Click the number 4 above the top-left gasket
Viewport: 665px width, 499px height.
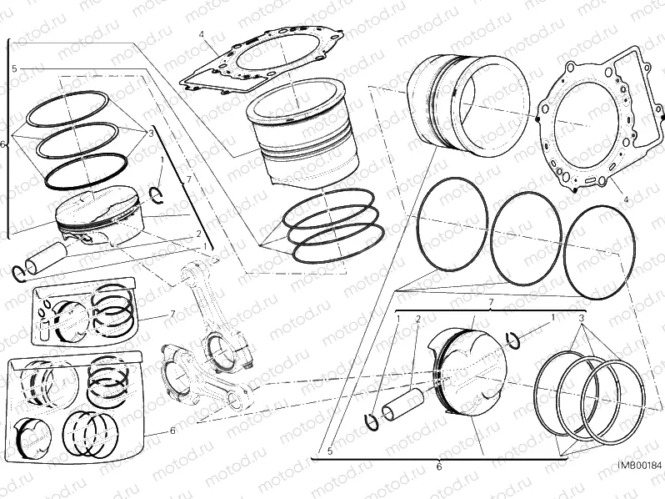(x=201, y=34)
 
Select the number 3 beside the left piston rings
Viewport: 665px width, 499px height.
(x=151, y=133)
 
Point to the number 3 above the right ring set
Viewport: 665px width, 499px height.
(x=582, y=319)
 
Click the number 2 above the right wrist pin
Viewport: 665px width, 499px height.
(x=417, y=319)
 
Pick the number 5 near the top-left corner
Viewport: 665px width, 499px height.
(x=14, y=68)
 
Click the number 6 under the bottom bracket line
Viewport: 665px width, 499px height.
(x=438, y=467)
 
